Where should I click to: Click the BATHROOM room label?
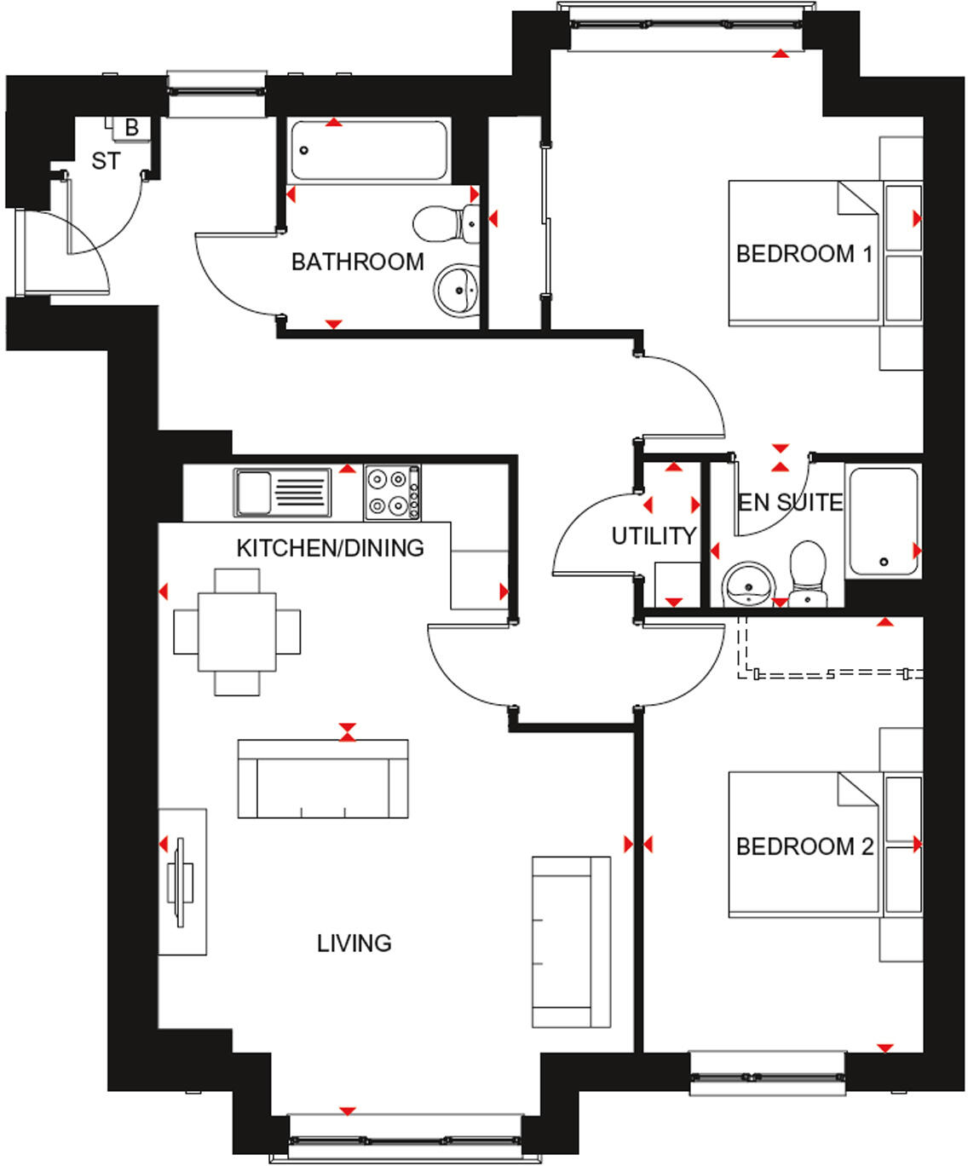point(358,262)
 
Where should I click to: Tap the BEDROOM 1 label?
point(804,254)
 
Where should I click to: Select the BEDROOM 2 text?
point(804,846)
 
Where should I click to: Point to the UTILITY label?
point(654,536)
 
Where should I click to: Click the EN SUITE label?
point(790,503)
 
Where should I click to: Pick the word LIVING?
point(354,944)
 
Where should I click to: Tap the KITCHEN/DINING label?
point(331,548)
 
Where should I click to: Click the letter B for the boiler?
point(132,128)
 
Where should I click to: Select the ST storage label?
point(106,161)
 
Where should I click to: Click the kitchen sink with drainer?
point(282,492)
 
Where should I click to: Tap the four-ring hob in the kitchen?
point(393,493)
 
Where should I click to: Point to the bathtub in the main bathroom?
point(369,150)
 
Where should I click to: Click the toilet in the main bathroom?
point(446,223)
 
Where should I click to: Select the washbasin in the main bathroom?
point(457,291)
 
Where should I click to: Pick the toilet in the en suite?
point(808,573)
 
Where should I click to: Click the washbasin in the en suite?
point(749,585)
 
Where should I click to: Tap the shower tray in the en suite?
point(883,521)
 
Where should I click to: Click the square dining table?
point(237,632)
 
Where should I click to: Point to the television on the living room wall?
point(181,882)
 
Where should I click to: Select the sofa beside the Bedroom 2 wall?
point(571,942)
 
